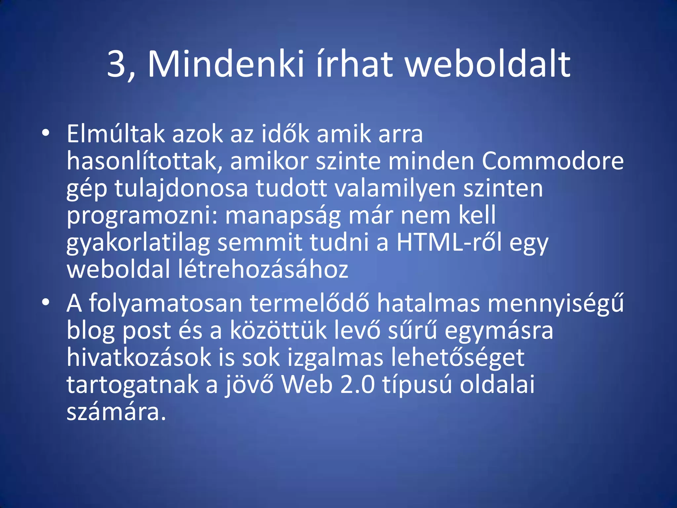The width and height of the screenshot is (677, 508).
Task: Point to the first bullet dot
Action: click(x=46, y=133)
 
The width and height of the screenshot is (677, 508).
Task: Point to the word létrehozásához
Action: click(x=263, y=269)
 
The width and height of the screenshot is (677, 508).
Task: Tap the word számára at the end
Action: click(x=116, y=412)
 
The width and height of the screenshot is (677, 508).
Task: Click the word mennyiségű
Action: click(x=556, y=304)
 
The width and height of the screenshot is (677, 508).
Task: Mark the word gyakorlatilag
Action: click(x=138, y=243)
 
